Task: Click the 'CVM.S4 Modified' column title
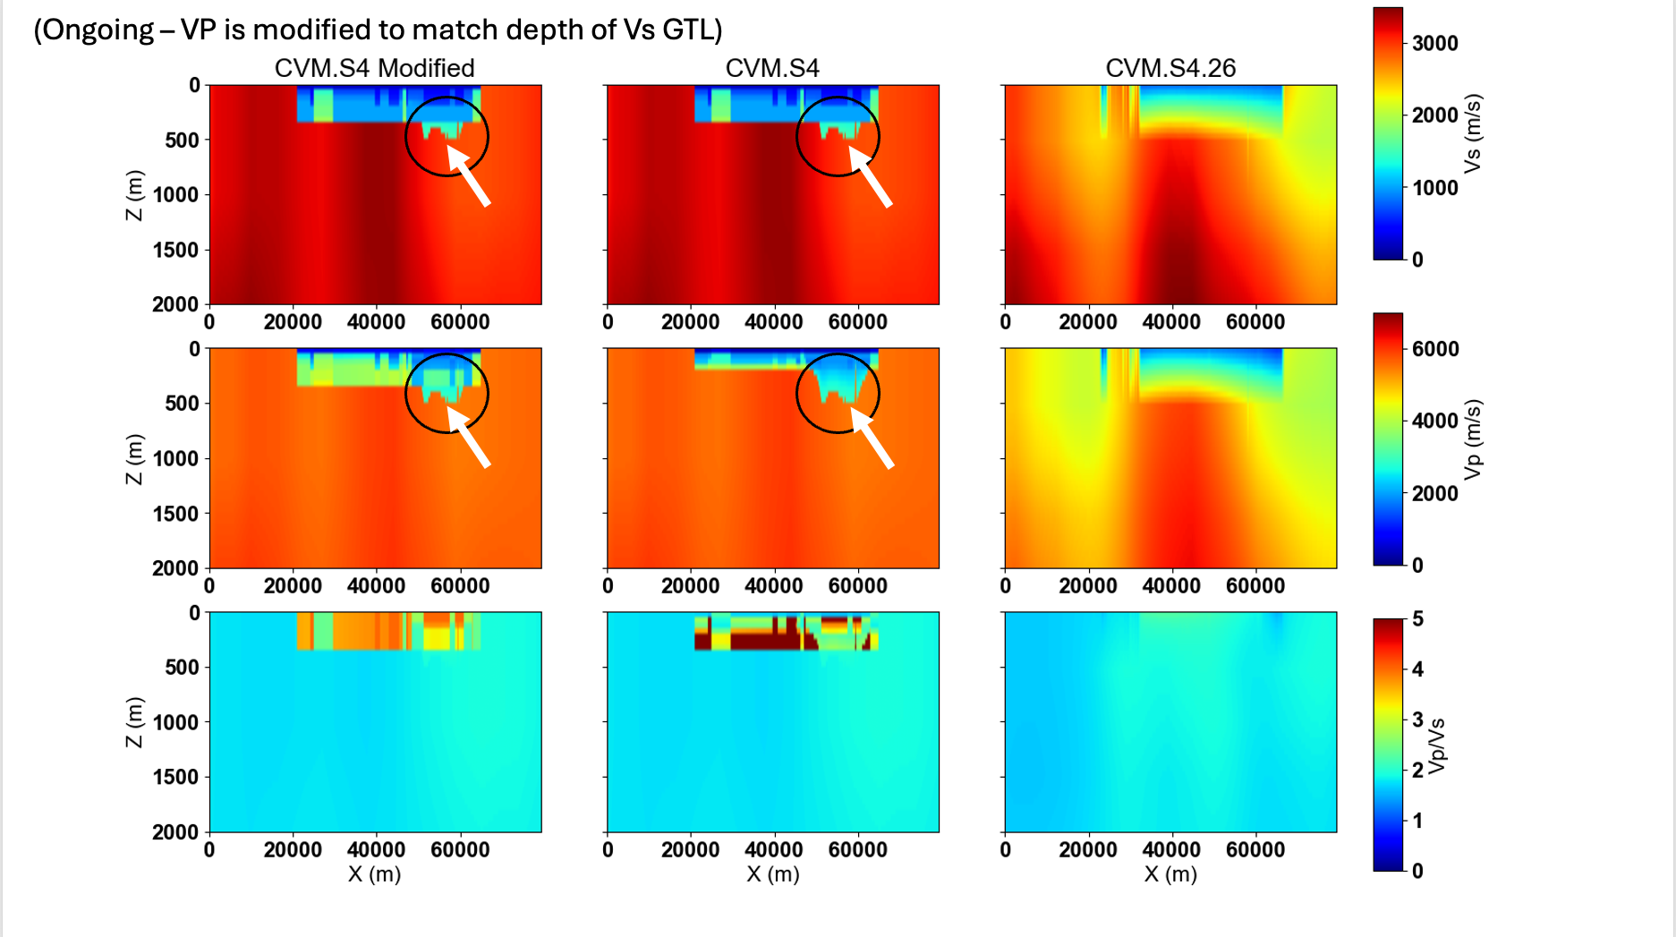coord(374,68)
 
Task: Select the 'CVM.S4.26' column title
coord(1170,68)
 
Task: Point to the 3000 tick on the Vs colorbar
coord(1434,43)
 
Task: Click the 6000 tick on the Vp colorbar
coord(1434,349)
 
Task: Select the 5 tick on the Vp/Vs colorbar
coord(1417,619)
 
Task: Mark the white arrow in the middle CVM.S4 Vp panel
coord(872,438)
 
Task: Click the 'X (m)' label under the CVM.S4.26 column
coord(1170,874)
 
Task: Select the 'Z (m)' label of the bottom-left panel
coord(134,722)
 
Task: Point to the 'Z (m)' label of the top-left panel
coord(134,195)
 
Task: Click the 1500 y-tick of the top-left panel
coord(175,250)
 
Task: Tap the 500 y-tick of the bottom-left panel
coord(182,668)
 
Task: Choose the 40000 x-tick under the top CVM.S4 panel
coord(773,322)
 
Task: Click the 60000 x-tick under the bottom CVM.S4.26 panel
coord(1255,850)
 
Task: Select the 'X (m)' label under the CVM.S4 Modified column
coord(374,874)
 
